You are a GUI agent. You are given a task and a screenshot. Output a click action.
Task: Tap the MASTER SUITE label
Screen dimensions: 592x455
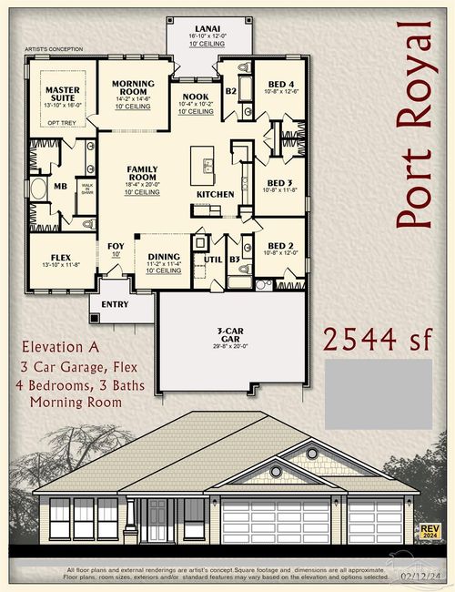pyautogui.click(x=63, y=95)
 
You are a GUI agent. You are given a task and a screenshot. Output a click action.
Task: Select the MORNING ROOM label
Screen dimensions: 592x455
pyautogui.click(x=133, y=87)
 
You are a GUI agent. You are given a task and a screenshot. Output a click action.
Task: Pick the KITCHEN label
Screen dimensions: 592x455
pyautogui.click(x=216, y=194)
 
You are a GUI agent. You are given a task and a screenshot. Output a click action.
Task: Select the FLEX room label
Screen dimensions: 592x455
pyautogui.click(x=62, y=257)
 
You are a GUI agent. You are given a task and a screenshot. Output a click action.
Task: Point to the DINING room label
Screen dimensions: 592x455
pyautogui.click(x=163, y=257)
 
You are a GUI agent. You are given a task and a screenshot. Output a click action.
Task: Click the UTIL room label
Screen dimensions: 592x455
pyautogui.click(x=213, y=260)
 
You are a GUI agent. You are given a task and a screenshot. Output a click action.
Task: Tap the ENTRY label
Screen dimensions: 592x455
pyautogui.click(x=115, y=304)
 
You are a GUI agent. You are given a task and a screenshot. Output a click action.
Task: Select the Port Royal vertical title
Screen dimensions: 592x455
pyautogui.click(x=416, y=134)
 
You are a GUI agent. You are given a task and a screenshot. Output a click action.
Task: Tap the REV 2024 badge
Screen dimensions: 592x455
pyautogui.click(x=429, y=531)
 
